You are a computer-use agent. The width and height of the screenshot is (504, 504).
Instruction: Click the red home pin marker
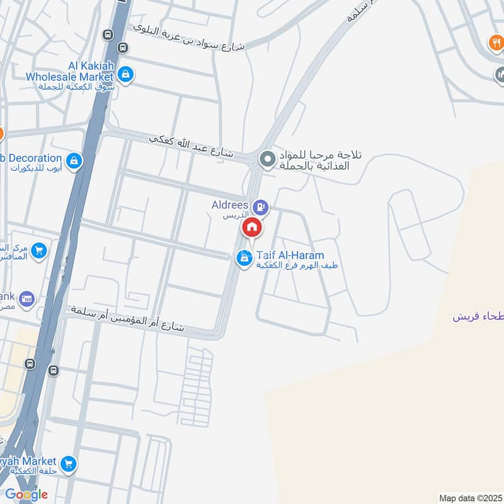click(252, 227)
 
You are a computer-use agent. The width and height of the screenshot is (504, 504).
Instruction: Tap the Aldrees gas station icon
click(260, 207)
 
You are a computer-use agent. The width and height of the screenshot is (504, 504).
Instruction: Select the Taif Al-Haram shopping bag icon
click(244, 258)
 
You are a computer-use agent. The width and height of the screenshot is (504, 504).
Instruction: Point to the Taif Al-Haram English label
click(290, 256)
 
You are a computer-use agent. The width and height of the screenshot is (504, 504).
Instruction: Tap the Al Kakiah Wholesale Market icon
click(126, 74)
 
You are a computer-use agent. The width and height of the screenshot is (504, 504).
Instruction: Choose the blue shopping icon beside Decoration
click(74, 161)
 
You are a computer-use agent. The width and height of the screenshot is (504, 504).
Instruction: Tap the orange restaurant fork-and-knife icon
click(495, 43)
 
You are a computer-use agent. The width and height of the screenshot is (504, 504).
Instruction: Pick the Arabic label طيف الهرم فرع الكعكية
click(297, 266)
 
